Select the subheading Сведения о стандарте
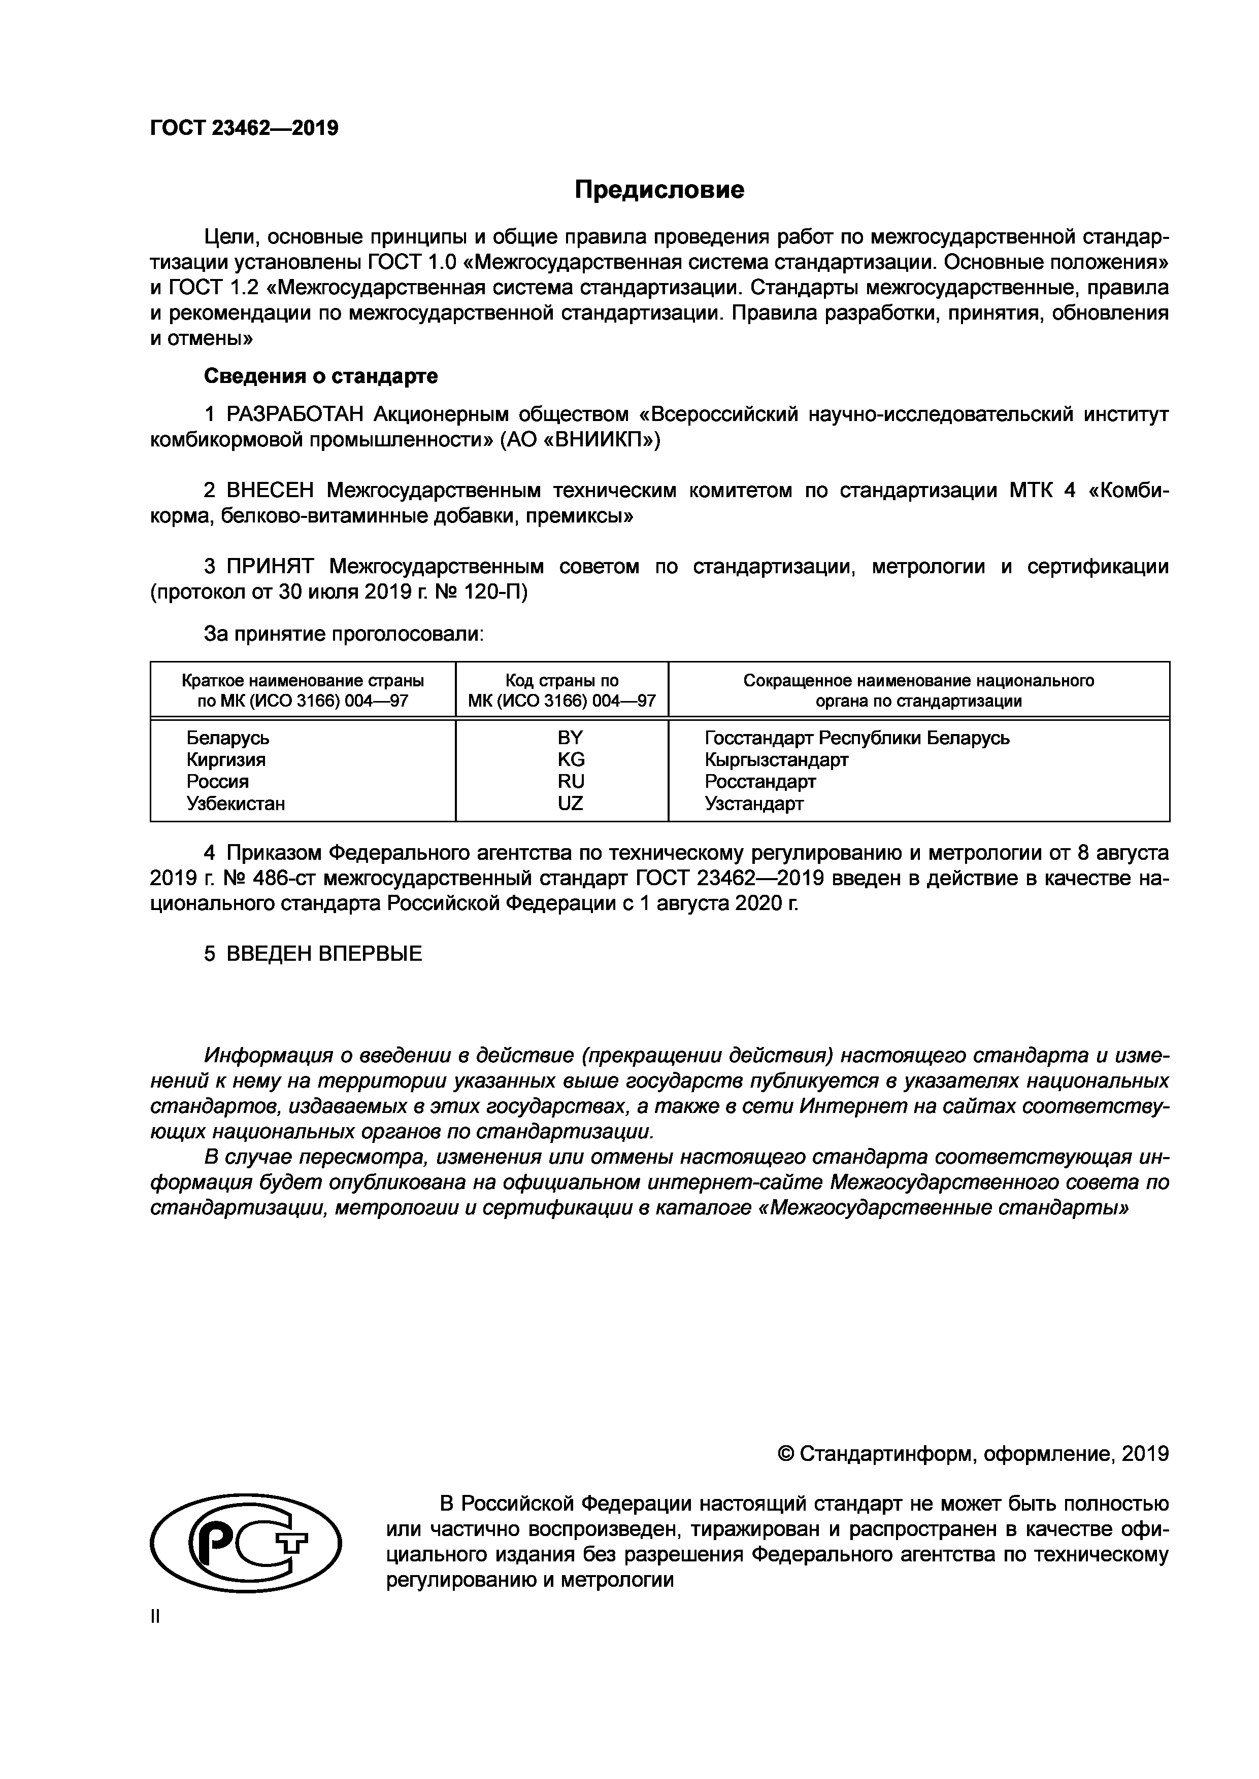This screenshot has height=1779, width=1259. (x=320, y=376)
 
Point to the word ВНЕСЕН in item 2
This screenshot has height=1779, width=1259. (x=271, y=491)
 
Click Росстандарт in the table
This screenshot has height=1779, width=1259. (x=760, y=782)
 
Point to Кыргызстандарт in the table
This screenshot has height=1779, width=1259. (x=776, y=760)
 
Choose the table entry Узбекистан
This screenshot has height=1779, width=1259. (x=236, y=804)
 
